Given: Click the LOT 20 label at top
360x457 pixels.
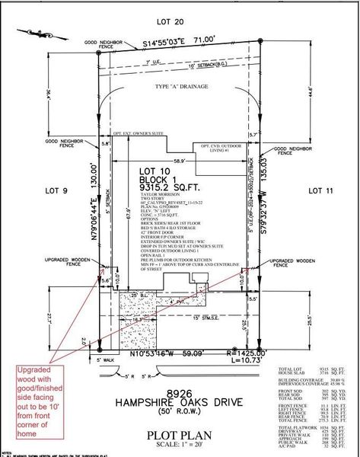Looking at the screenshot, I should point(180,23).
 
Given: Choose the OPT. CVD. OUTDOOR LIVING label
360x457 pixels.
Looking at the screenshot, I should point(225,148).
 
